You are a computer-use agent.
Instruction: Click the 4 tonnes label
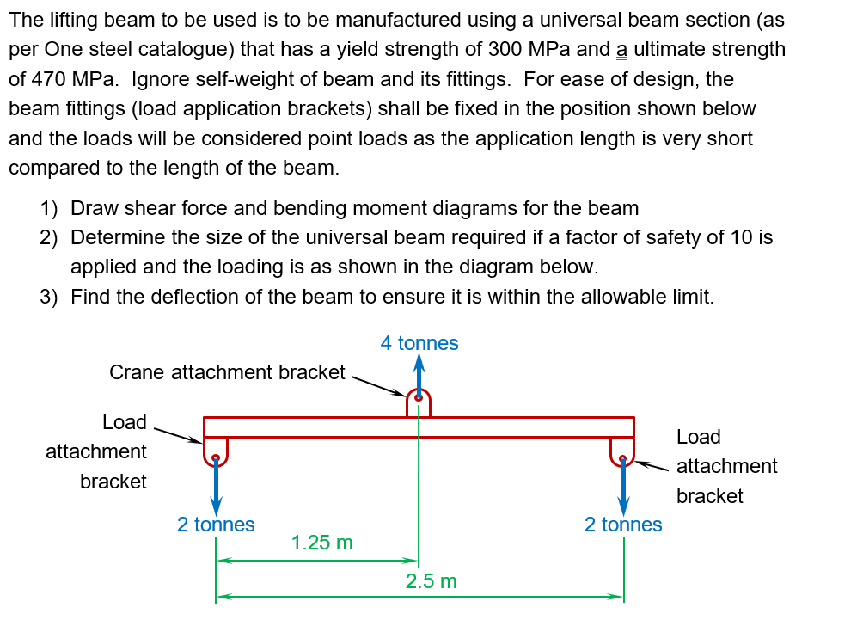click(x=419, y=343)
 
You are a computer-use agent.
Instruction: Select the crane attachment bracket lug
click(x=419, y=402)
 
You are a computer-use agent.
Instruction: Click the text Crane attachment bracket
click(x=227, y=372)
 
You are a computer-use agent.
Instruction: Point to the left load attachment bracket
click(x=215, y=451)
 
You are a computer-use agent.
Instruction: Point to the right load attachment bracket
click(x=622, y=451)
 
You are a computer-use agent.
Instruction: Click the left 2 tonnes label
click(x=216, y=525)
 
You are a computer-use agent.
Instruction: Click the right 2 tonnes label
click(x=623, y=525)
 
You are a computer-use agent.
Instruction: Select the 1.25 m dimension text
click(x=321, y=543)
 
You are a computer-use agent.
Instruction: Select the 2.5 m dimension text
click(x=431, y=581)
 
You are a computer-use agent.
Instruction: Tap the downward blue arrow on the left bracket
click(x=216, y=486)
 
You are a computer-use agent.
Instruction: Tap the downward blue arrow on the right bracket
click(x=623, y=486)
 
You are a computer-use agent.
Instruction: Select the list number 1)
click(x=49, y=208)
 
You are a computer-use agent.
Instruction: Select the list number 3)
click(x=49, y=298)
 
